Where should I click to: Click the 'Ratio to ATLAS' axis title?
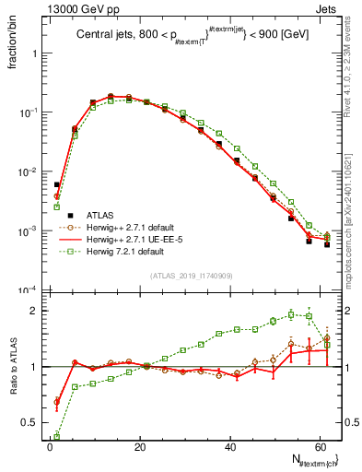coord(13,383)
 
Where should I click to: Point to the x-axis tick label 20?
coord(140,449)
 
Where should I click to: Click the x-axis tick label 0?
coord(50,449)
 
